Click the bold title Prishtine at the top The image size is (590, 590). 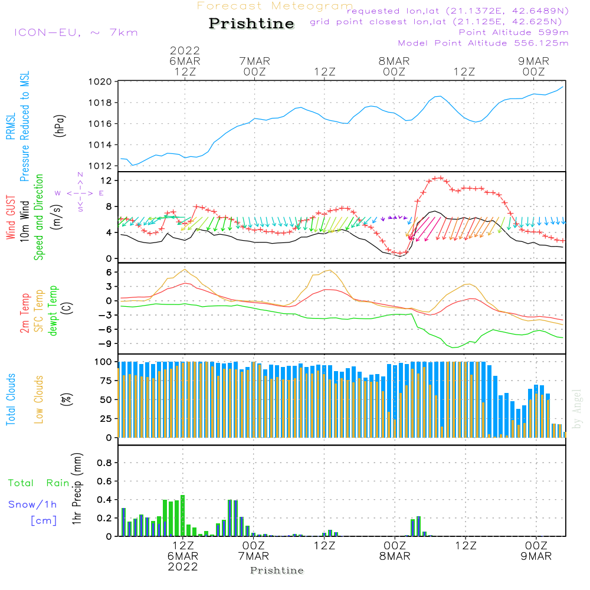pos(251,24)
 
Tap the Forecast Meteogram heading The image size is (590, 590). pos(275,6)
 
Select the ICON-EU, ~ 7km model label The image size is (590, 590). pos(76,32)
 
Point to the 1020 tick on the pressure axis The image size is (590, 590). pos(101,81)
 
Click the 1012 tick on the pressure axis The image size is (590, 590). pos(101,166)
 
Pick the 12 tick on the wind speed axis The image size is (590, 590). pos(107,180)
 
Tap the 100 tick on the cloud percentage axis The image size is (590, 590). pos(103,361)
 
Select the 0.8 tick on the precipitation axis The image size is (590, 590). pos(104,463)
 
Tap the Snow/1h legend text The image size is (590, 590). pos(34,504)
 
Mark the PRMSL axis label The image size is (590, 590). pos(11,123)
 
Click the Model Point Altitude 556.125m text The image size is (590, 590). pos(483,43)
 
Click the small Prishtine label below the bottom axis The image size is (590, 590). pos(277,571)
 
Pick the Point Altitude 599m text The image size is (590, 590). pos(513,32)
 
